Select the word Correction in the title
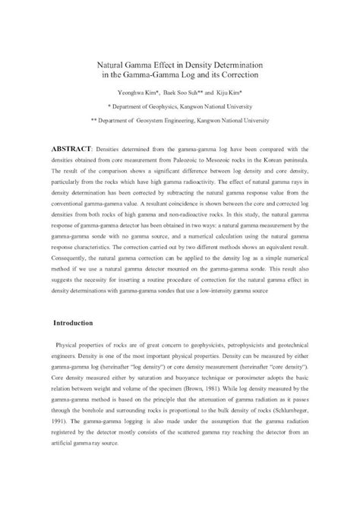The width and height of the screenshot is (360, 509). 237,77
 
